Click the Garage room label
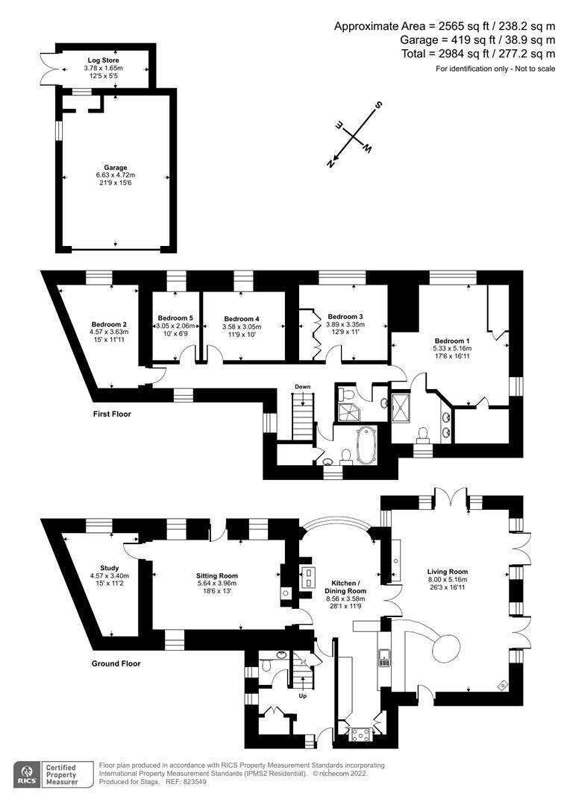coord(115,168)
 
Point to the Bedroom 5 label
coord(175,318)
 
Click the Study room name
coord(110,568)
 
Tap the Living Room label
coord(448,572)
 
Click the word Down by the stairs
coord(302,387)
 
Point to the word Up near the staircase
coord(302,696)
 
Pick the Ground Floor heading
coord(116,663)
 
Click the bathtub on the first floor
coord(366,443)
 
